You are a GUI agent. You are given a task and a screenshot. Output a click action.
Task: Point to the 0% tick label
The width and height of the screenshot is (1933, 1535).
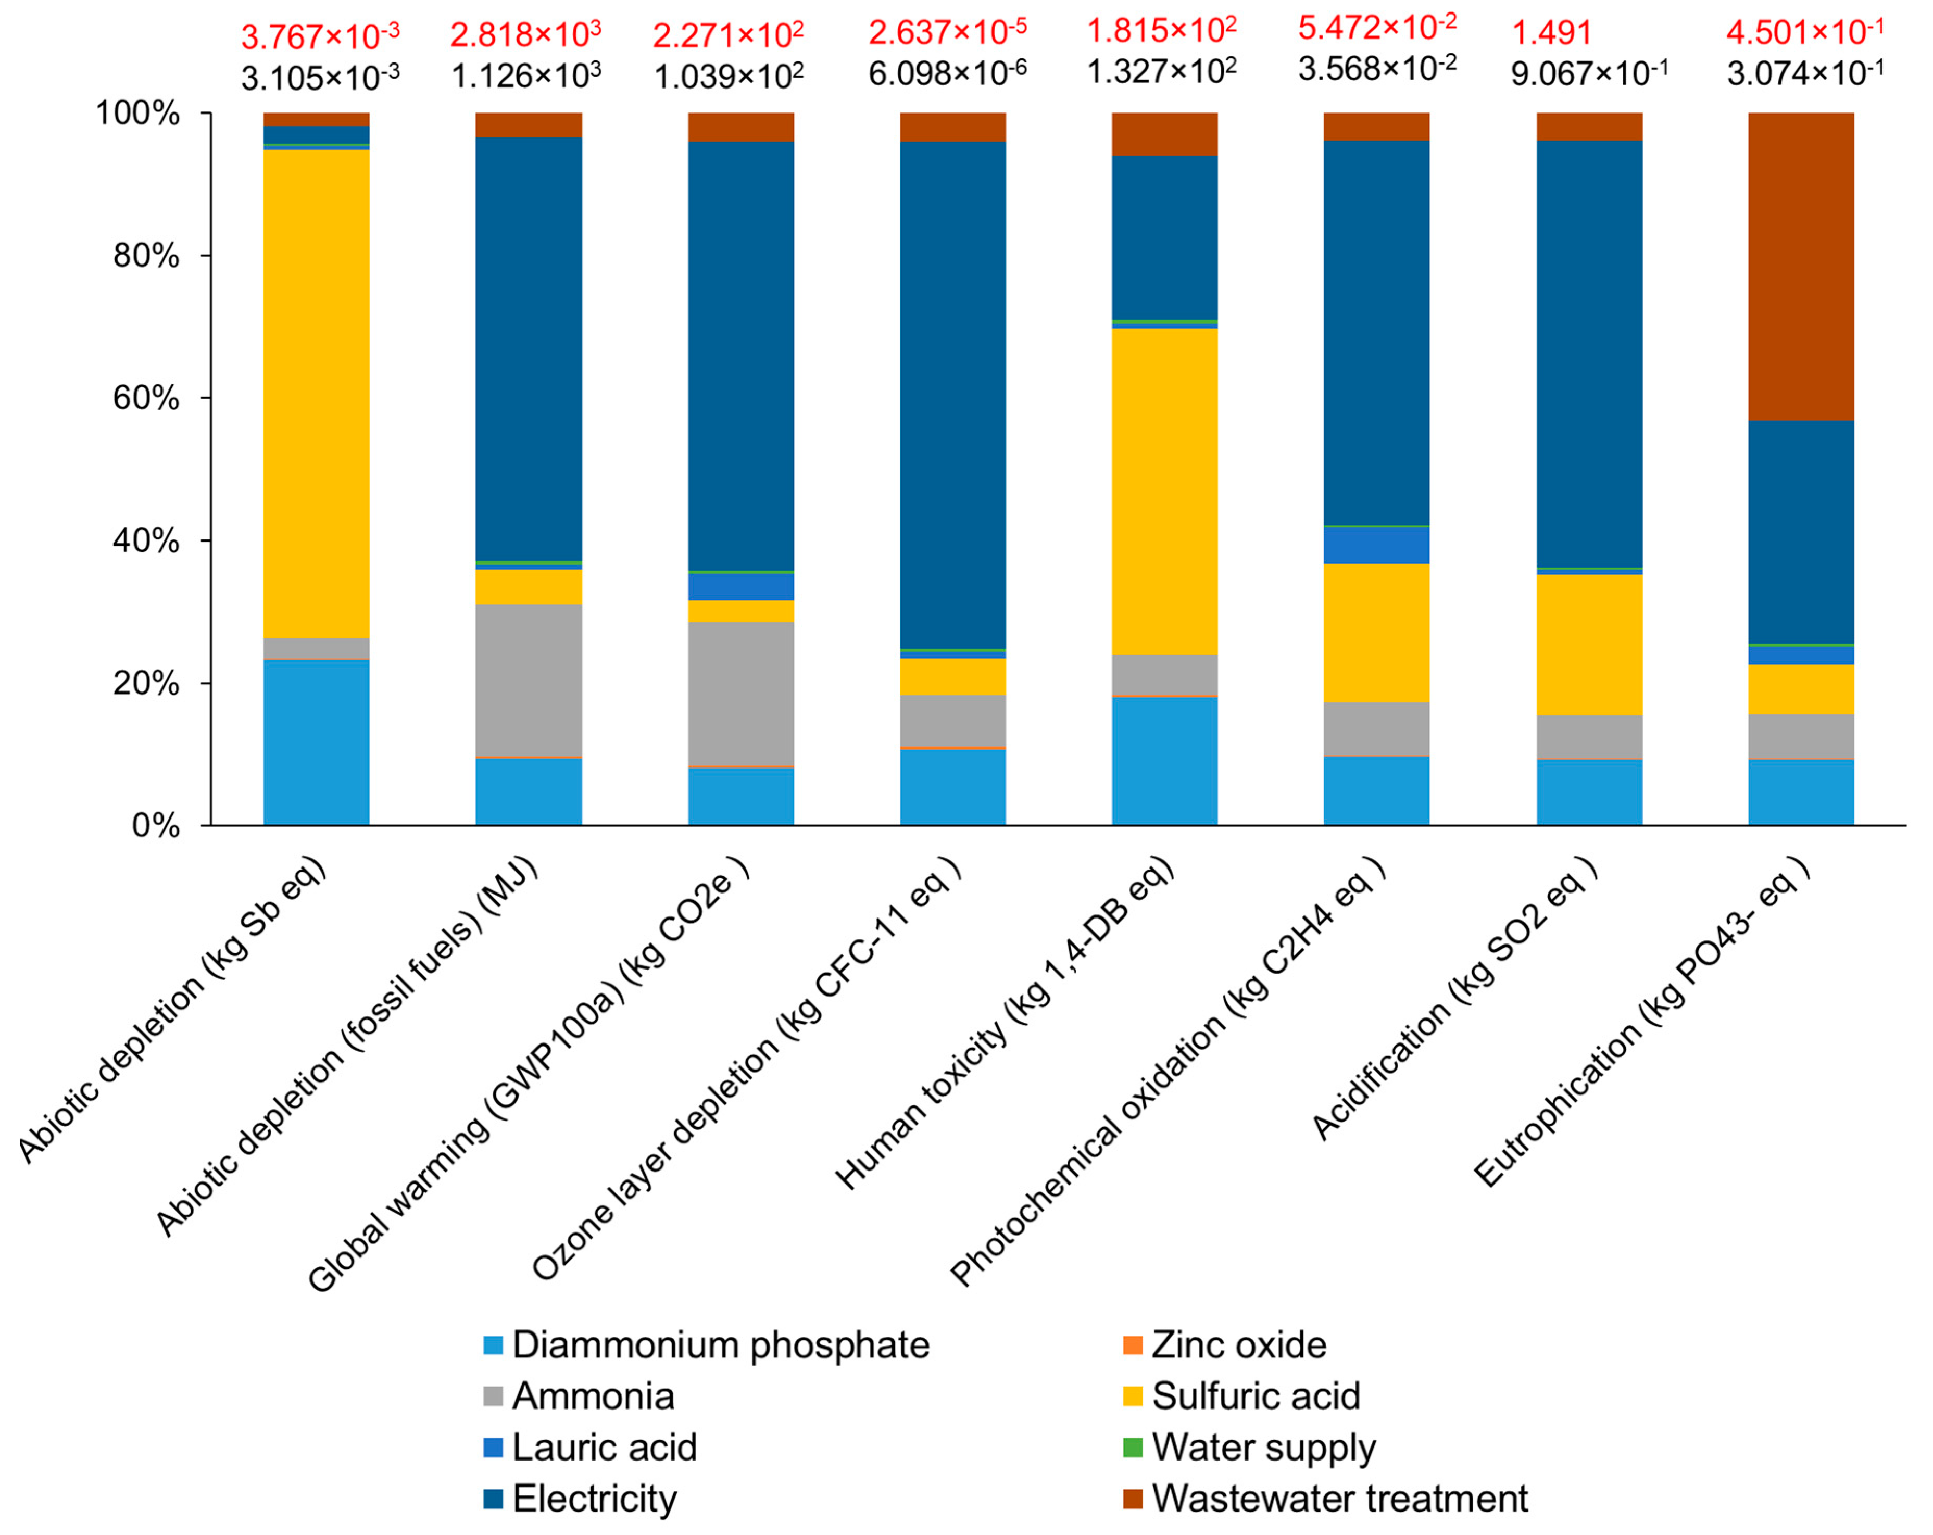click(x=156, y=825)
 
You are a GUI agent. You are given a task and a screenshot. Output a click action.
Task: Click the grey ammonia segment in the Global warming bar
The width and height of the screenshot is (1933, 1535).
click(x=740, y=693)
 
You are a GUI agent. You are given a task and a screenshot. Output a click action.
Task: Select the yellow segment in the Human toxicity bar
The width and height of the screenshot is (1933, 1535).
click(x=1164, y=492)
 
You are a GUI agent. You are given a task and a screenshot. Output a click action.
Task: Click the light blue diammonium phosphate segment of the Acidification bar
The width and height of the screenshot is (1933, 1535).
click(x=1589, y=792)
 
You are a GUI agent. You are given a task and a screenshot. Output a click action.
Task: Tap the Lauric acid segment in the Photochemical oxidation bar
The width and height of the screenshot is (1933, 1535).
click(x=1376, y=545)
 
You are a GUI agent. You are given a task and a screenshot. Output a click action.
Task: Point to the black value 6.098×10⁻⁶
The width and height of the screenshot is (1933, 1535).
click(x=948, y=72)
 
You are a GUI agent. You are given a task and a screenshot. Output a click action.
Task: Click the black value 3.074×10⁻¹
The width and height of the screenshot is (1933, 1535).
click(x=1805, y=72)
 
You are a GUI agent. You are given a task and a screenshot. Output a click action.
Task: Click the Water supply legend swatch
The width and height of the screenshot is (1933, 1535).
click(x=1133, y=1447)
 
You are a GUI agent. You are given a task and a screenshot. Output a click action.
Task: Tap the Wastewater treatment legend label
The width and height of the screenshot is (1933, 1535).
click(x=1339, y=1498)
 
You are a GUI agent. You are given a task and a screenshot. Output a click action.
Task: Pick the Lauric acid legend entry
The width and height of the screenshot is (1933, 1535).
click(x=604, y=1447)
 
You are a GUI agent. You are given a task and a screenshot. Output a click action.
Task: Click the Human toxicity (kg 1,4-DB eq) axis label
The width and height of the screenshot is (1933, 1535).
click(x=1004, y=1022)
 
